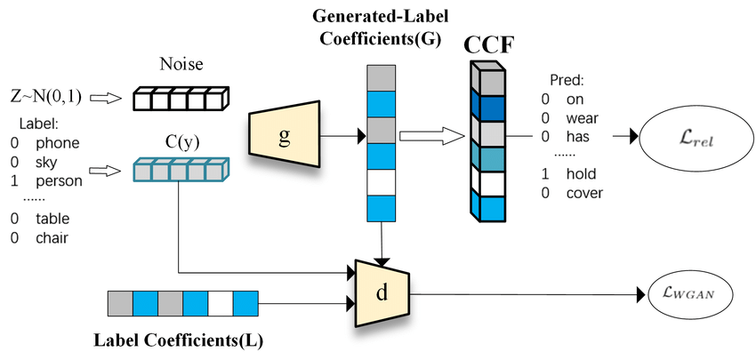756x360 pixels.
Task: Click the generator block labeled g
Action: (285, 134)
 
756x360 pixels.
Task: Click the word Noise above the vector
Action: (181, 64)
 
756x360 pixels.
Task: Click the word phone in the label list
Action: (57, 142)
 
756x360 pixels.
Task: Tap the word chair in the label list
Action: (53, 237)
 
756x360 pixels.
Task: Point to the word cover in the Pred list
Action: (584, 193)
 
